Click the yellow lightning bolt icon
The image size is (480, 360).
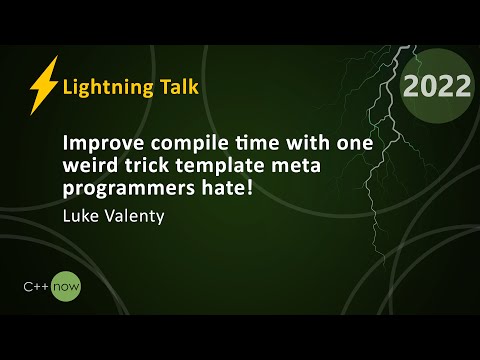tap(43, 85)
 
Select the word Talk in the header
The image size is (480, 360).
tap(178, 87)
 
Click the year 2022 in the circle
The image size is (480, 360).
tap(437, 87)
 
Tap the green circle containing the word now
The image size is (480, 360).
tap(68, 288)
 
